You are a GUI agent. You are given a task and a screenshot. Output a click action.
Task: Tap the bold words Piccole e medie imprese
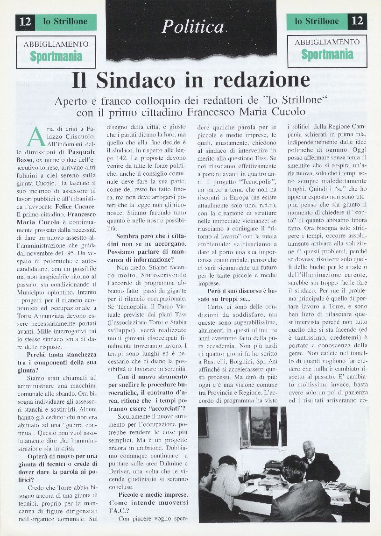tap(152, 494)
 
